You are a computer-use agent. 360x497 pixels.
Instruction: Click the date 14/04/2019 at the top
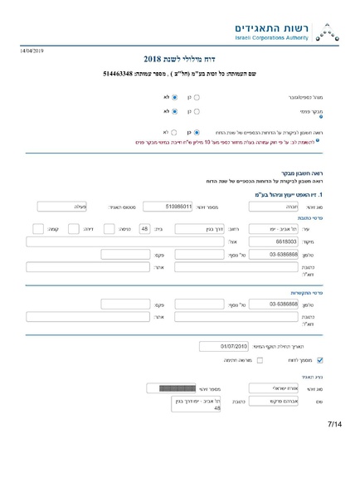click(31, 51)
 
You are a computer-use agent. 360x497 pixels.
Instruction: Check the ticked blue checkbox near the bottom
click(320, 360)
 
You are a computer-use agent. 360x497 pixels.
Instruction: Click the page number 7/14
click(334, 425)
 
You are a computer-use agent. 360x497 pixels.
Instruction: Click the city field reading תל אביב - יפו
click(289, 228)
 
